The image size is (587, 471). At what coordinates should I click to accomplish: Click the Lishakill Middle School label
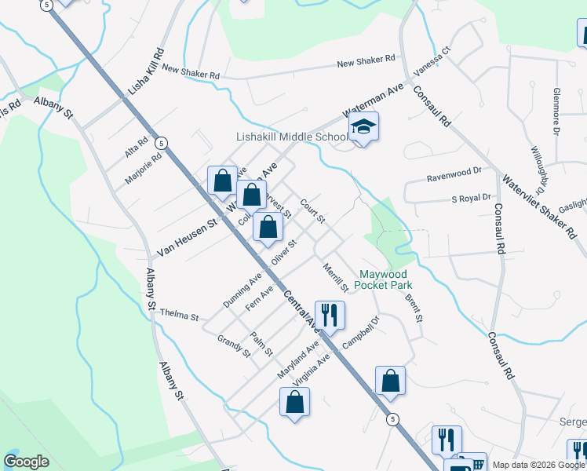pos(292,137)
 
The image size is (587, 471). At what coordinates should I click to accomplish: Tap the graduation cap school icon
pos(363,126)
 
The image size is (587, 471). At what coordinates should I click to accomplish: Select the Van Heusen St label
pos(187,239)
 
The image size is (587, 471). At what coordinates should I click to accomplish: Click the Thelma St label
pos(180,314)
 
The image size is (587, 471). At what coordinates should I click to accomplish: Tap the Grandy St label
pos(234,345)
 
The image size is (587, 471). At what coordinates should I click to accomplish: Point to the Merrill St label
pos(335,278)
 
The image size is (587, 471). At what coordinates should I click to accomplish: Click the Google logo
pos(27,462)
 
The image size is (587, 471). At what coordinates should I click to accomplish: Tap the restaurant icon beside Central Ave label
pos(330,316)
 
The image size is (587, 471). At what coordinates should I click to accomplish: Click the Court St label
pos(312,210)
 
